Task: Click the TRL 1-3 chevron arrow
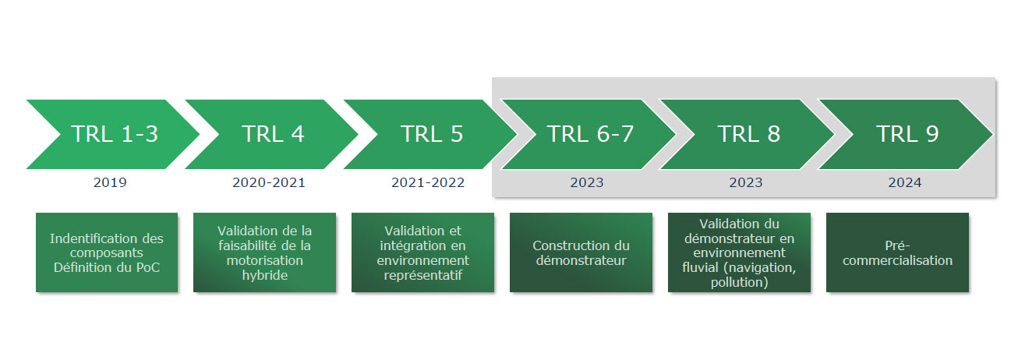(x=115, y=135)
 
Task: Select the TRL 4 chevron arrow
(x=273, y=135)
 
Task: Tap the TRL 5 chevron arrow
(x=431, y=135)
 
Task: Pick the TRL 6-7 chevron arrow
(x=590, y=135)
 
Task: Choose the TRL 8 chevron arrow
(x=748, y=135)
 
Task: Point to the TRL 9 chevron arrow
(x=907, y=135)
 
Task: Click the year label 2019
(x=110, y=182)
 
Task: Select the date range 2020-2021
(x=269, y=182)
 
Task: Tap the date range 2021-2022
(x=428, y=182)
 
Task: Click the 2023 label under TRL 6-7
(x=587, y=182)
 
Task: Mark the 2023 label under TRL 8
(x=746, y=182)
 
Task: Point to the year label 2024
(x=905, y=182)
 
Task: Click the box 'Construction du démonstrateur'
(x=581, y=252)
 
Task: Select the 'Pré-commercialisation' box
(x=897, y=252)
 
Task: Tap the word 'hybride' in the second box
(x=265, y=276)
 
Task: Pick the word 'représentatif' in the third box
(x=422, y=276)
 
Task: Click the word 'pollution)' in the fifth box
(x=740, y=283)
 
